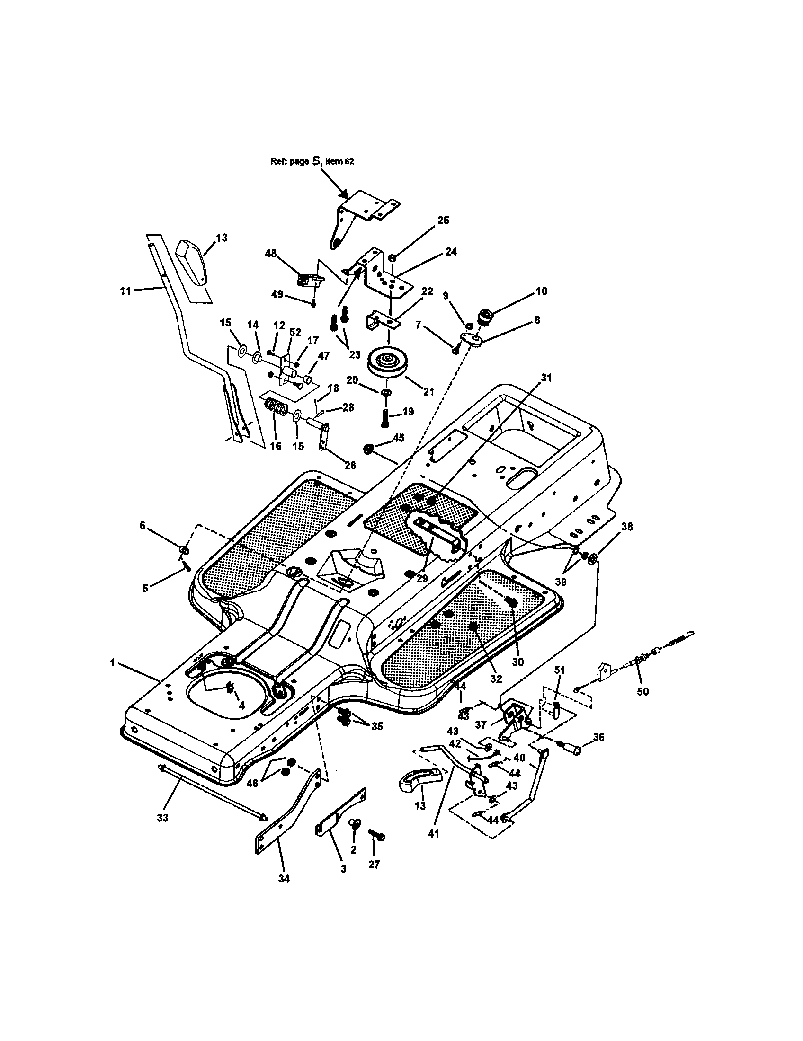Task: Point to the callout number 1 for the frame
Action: coord(113,662)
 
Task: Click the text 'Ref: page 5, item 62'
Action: coord(312,161)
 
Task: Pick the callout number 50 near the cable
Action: coord(643,691)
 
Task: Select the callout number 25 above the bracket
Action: coord(443,220)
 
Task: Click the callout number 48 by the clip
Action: coord(271,253)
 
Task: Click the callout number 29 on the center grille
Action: coord(422,578)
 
